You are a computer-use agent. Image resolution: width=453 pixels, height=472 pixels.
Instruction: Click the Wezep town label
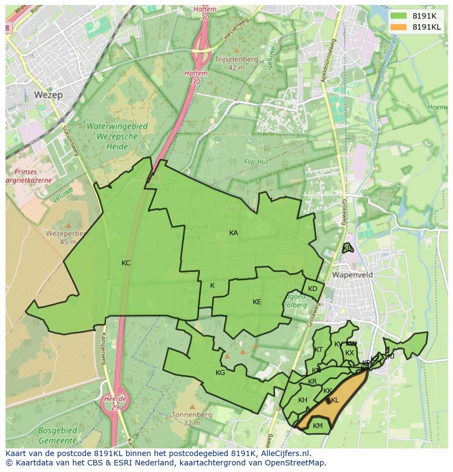click(48, 95)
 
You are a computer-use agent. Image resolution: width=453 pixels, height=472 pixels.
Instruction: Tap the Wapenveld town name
click(352, 275)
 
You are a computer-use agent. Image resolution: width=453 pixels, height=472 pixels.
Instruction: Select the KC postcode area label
click(126, 263)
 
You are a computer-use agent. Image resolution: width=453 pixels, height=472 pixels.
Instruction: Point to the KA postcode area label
click(234, 233)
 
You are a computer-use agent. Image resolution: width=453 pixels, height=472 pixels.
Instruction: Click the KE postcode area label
click(257, 302)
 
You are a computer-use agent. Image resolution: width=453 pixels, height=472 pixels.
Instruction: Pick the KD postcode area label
click(312, 289)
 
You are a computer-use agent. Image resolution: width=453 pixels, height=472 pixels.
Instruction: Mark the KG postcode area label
click(220, 373)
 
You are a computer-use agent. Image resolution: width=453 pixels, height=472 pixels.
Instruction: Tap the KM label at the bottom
click(318, 426)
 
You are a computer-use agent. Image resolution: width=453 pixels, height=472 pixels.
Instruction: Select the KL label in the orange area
click(335, 400)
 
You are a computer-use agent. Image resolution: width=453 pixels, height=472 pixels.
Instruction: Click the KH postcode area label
click(303, 400)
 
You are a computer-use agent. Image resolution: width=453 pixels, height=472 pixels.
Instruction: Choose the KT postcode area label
click(318, 350)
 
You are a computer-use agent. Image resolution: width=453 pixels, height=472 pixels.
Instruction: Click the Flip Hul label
click(255, 162)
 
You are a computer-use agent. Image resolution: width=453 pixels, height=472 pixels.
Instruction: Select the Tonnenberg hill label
click(191, 415)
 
